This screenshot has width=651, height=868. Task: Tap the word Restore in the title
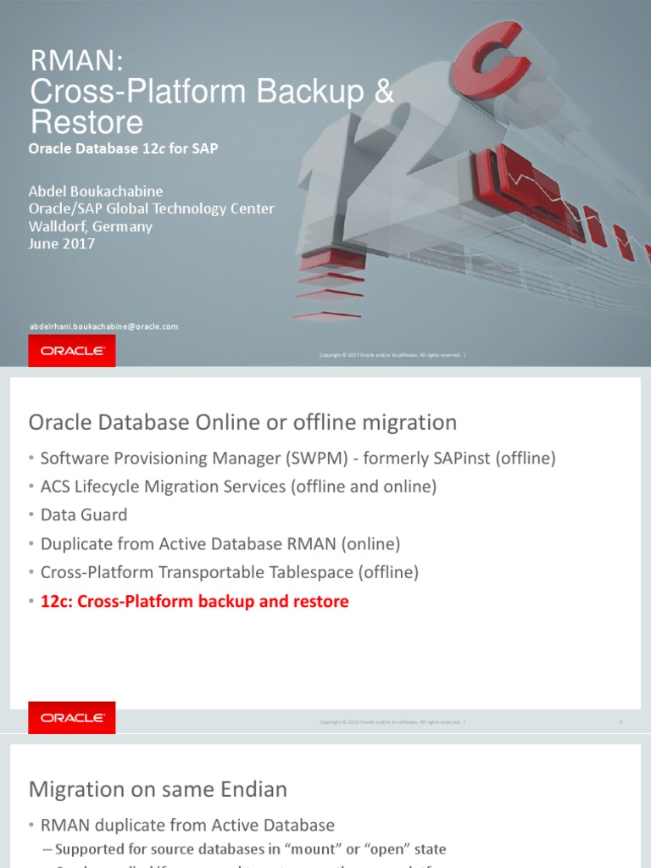point(86,123)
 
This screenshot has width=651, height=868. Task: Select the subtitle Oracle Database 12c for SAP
point(123,147)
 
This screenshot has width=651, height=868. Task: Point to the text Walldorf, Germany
point(91,226)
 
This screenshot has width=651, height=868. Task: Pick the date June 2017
point(62,244)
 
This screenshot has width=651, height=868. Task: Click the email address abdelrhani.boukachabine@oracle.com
point(103,326)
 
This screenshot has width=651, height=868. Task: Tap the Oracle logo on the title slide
point(72,351)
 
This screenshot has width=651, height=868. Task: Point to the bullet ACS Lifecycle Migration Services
point(237,487)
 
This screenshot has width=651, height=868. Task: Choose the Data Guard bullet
point(83,515)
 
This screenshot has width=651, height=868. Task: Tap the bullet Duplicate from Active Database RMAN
point(220,544)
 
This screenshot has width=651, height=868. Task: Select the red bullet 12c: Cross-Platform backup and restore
point(194,602)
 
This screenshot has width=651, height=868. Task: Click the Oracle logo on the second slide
point(72,717)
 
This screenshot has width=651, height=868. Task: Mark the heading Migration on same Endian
point(158,790)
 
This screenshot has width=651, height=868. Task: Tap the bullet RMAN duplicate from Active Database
point(187,826)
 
